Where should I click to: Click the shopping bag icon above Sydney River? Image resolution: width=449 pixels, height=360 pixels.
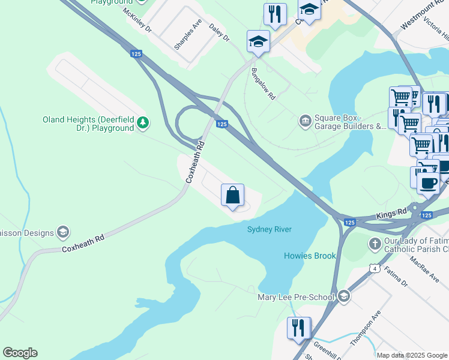[233, 195]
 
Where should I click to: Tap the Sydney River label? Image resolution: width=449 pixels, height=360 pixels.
[270, 230]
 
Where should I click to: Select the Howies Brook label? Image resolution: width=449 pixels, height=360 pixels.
[310, 256]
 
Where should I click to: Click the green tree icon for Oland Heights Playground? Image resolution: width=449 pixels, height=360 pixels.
[143, 124]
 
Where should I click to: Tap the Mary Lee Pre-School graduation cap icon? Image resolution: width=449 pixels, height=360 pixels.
[344, 297]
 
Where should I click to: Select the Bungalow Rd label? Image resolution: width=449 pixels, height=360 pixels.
[264, 83]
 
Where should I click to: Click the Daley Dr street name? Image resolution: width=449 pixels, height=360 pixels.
[219, 32]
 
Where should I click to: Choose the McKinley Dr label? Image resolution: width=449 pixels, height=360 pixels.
[137, 20]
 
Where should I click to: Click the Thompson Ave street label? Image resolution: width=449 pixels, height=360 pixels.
[366, 328]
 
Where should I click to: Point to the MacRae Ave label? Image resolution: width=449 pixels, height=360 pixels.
[424, 271]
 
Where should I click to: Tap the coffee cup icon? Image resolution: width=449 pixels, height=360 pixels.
[428, 182]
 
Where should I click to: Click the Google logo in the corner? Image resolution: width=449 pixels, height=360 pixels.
[20, 353]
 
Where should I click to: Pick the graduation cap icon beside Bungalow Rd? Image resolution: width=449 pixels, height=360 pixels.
[258, 42]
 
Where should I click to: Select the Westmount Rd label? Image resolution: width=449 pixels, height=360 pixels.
[420, 17]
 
